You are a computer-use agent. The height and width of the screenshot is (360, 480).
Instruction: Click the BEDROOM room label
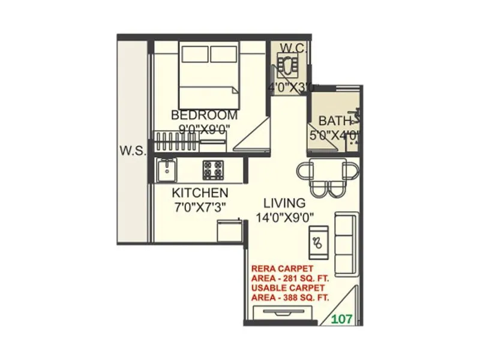click(x=204, y=115)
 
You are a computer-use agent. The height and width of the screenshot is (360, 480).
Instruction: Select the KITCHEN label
click(x=200, y=193)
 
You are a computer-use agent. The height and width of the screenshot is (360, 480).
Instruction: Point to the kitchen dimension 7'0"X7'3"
click(x=200, y=207)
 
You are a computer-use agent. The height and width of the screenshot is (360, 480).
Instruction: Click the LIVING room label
click(x=284, y=203)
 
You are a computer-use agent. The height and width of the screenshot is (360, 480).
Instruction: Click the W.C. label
click(x=293, y=47)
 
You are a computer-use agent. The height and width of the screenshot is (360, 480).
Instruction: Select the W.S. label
click(x=132, y=150)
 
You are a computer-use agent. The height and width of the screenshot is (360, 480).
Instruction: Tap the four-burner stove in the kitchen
click(x=213, y=170)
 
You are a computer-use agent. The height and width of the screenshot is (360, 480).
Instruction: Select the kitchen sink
click(x=166, y=170)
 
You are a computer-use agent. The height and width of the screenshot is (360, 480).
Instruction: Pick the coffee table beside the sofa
click(x=318, y=242)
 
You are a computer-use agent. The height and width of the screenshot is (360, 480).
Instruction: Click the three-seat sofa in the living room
click(x=344, y=242)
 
